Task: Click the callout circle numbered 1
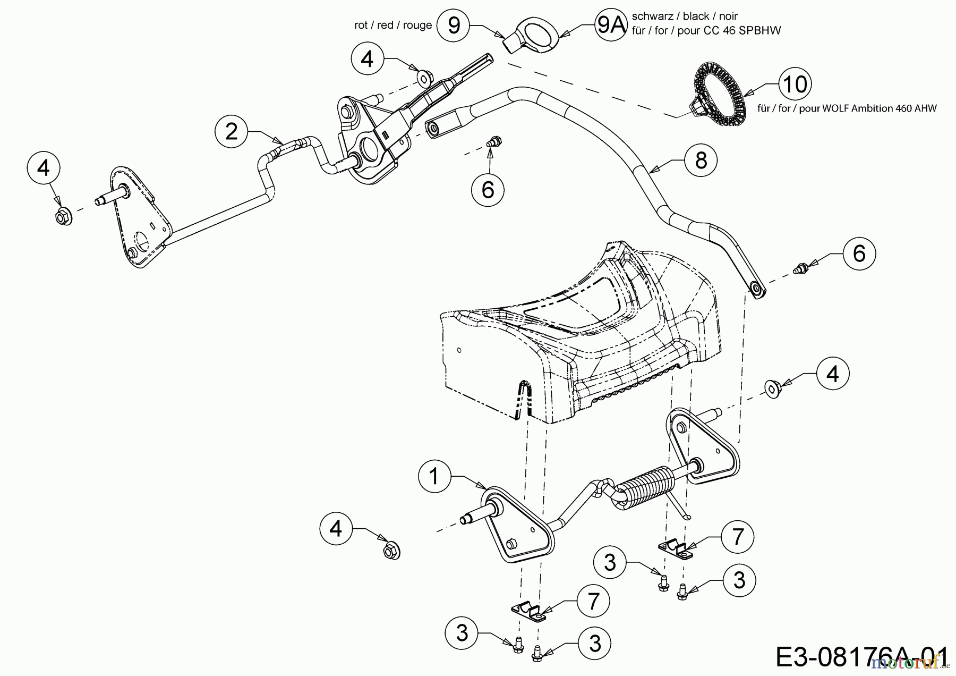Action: tap(434, 476)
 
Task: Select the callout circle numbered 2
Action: tap(232, 131)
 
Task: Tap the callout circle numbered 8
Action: tap(701, 160)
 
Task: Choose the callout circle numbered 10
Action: tap(795, 84)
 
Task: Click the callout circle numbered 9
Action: tap(454, 25)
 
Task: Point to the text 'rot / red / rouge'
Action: tap(393, 26)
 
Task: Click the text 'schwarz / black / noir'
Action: tap(685, 16)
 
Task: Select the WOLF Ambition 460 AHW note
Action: tap(847, 108)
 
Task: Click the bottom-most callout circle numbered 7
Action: tap(593, 602)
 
